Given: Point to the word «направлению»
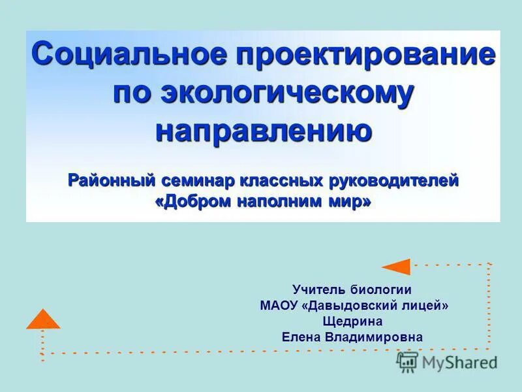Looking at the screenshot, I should pos(264,130).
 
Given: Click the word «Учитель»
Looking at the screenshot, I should pos(319,289).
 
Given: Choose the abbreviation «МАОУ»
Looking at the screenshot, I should pos(279,305).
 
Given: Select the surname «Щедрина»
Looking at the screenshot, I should pos(352,321).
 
